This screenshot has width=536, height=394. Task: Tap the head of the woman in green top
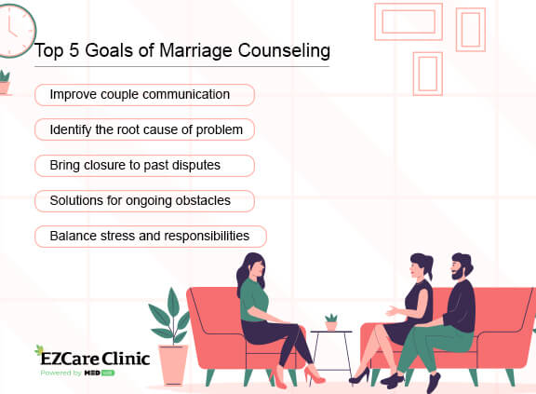(x=252, y=271)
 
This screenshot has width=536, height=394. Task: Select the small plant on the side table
(x=331, y=321)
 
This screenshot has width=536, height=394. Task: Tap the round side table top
(x=331, y=333)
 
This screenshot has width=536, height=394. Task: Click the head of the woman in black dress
(x=420, y=269)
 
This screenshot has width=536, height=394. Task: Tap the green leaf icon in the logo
(x=39, y=351)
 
